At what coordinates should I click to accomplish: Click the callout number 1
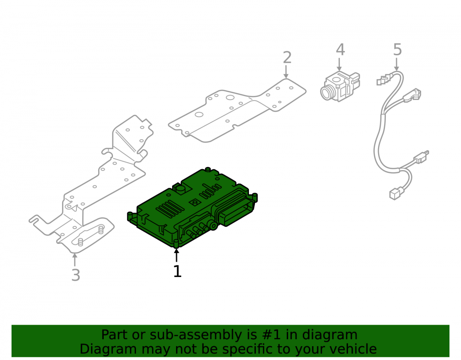tap(177, 271)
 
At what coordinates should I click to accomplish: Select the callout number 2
tap(287, 58)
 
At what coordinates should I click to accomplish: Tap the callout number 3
tap(76, 275)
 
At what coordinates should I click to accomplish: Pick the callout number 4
tap(341, 50)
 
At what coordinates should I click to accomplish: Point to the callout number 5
tap(397, 49)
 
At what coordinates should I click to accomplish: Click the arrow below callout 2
tap(286, 72)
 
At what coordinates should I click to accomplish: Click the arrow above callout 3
tap(75, 260)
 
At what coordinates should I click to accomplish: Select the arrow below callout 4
tap(339, 65)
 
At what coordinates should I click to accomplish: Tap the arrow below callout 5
tap(396, 65)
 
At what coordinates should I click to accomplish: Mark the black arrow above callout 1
tap(177, 255)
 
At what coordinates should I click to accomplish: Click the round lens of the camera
tap(326, 93)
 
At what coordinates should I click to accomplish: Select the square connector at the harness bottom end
tap(395, 194)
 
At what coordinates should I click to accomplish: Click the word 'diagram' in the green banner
tap(330, 335)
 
